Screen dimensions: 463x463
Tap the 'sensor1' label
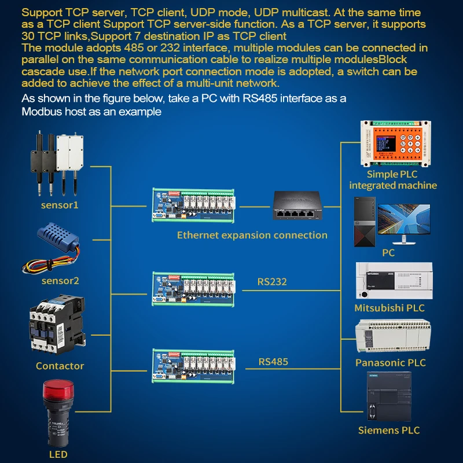60,205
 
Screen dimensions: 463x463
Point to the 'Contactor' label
60,366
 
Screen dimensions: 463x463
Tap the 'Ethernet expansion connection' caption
252,235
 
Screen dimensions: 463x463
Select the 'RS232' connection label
272,282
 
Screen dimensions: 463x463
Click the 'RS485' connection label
273,362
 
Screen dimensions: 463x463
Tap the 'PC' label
388,253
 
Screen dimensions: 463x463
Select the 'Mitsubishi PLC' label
389,308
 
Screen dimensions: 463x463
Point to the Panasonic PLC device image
392,337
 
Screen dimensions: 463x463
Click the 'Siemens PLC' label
388,430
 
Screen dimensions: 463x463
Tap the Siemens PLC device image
389,397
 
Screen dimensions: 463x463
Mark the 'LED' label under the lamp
58,454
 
